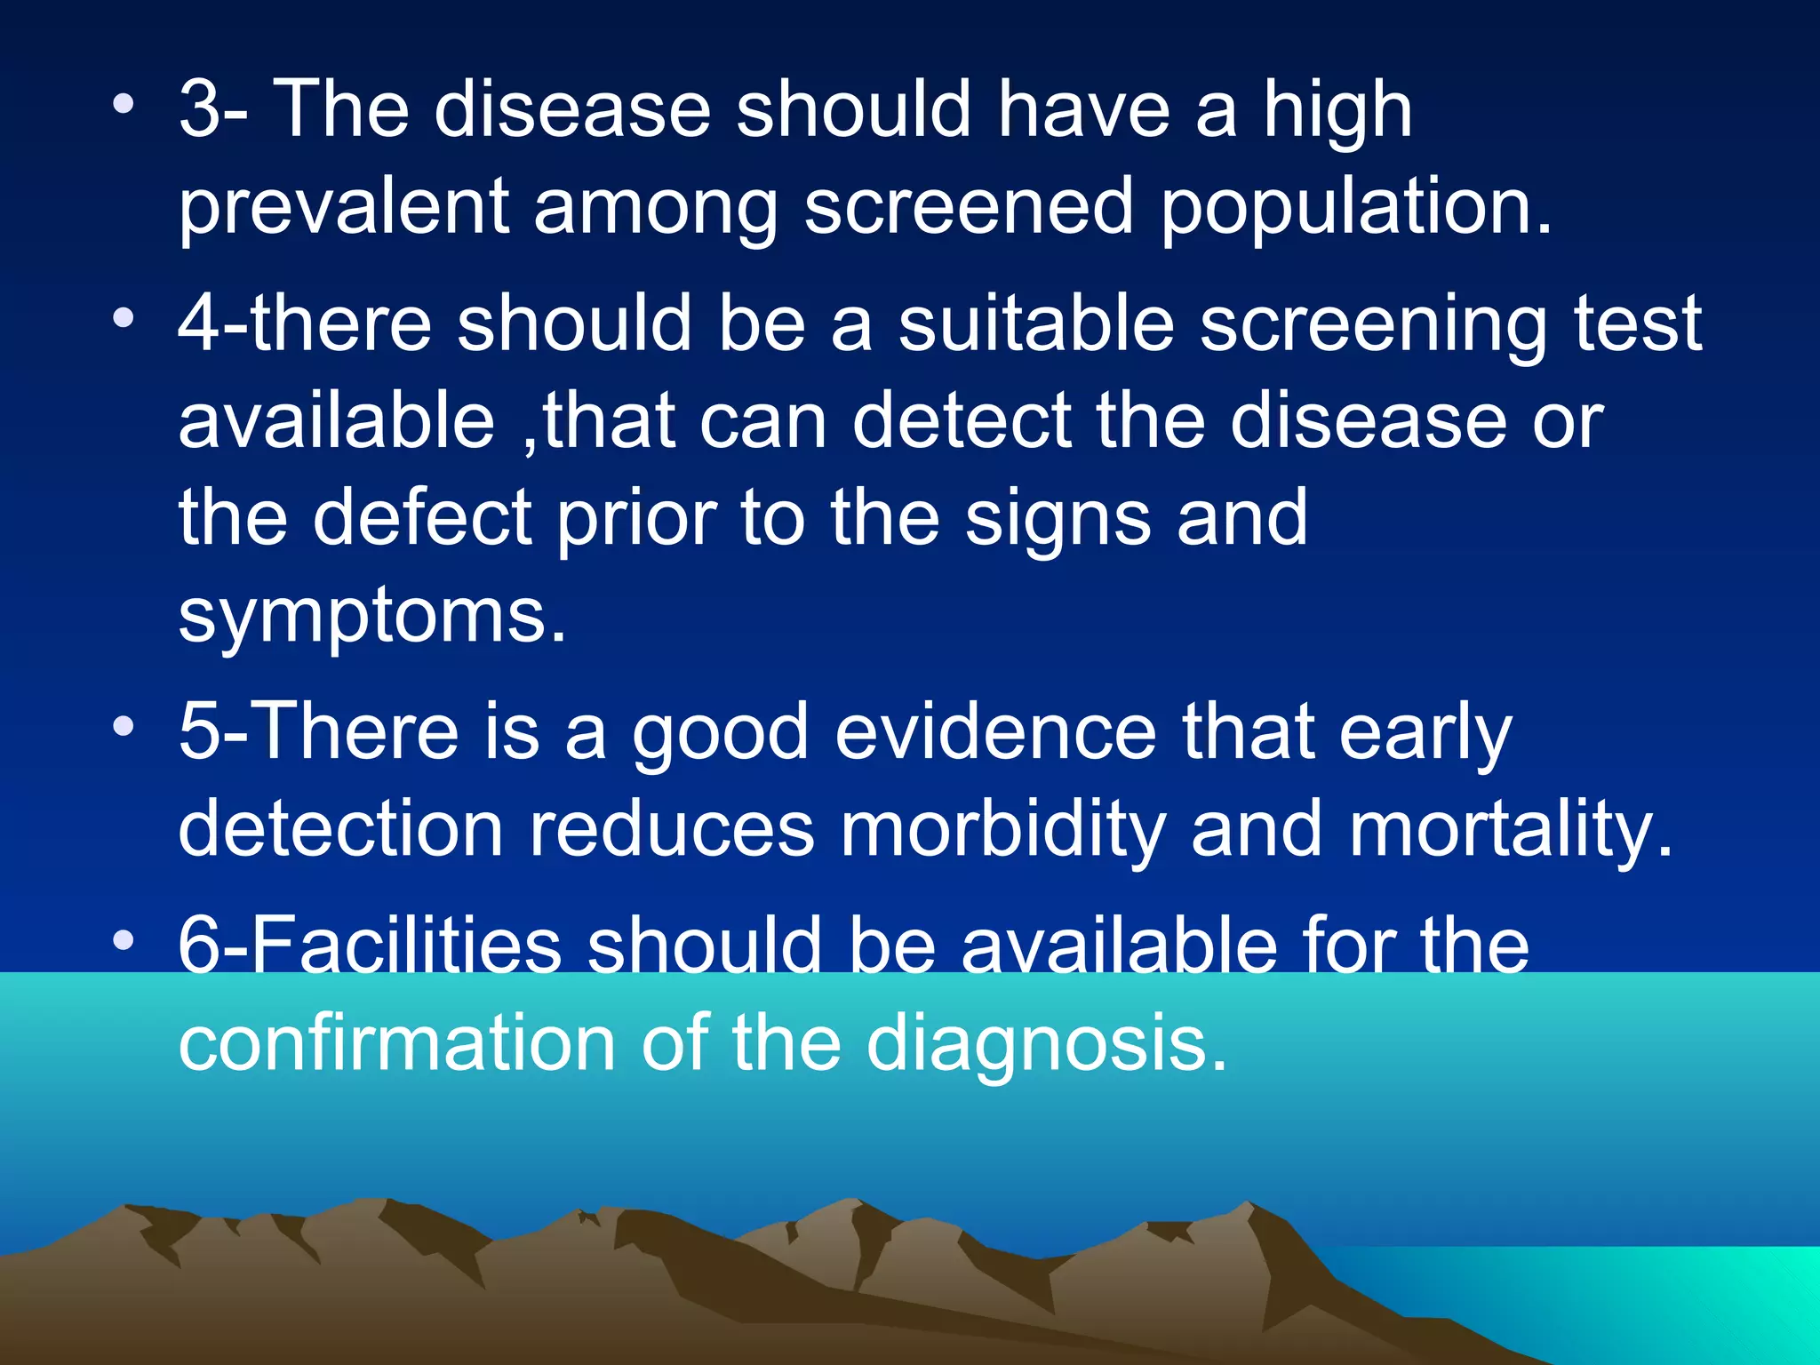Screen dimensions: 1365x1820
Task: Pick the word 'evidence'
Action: (x=995, y=732)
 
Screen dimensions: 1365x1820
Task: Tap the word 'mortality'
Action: (x=1509, y=829)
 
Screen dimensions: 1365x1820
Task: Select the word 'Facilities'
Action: (x=370, y=946)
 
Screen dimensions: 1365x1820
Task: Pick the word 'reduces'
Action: (x=672, y=829)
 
